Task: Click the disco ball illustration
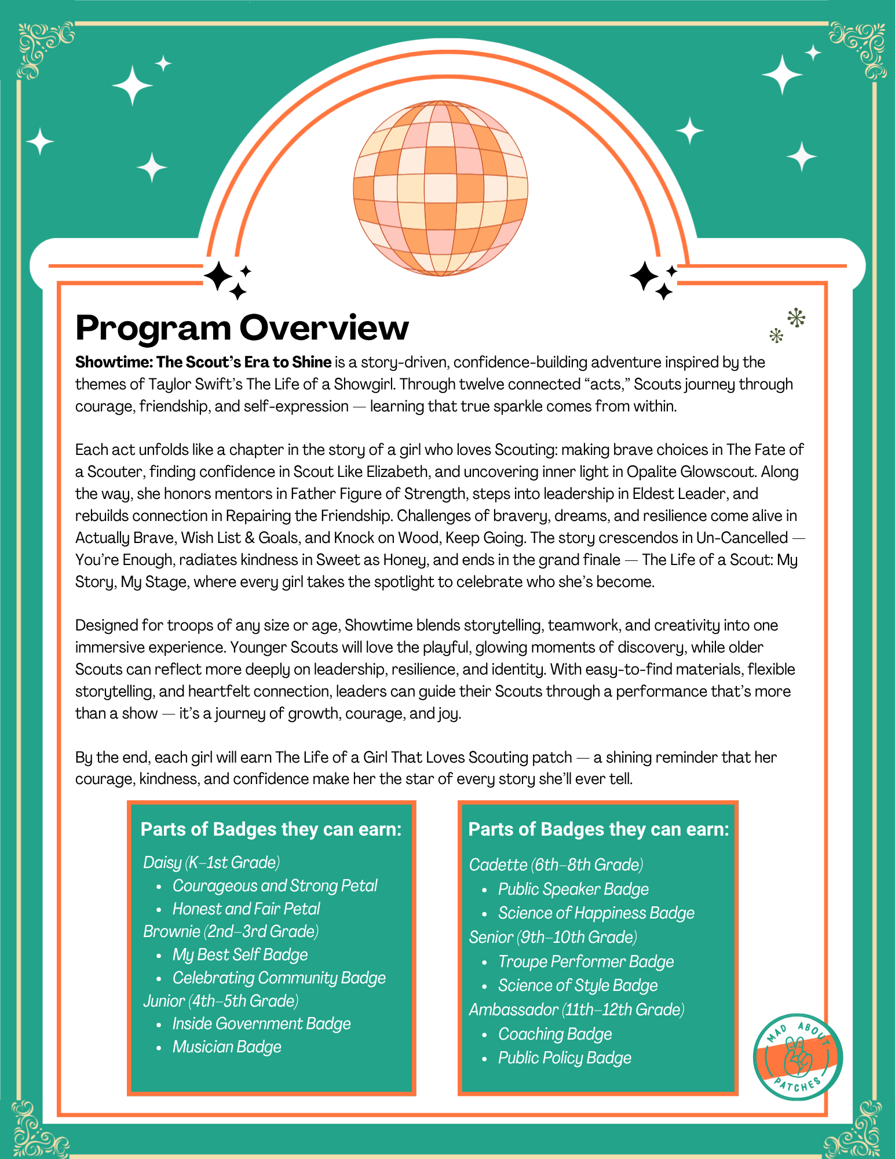440,188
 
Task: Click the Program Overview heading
242,327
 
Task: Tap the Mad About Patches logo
798,1057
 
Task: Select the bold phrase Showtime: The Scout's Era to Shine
203,362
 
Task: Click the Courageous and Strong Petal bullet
275,885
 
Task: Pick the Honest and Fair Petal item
246,909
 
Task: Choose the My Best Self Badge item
240,954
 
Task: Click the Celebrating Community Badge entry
279,978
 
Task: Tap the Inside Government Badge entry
261,1023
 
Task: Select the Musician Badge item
227,1047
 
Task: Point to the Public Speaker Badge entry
573,889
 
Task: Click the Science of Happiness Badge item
596,913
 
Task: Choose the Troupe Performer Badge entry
586,961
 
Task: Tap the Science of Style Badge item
578,985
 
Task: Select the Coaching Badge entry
555,1034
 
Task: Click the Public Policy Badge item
564,1058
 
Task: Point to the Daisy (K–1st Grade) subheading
211,862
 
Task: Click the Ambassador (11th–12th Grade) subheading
576,1009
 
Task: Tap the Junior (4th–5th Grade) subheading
221,1001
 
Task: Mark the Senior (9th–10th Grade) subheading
553,937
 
